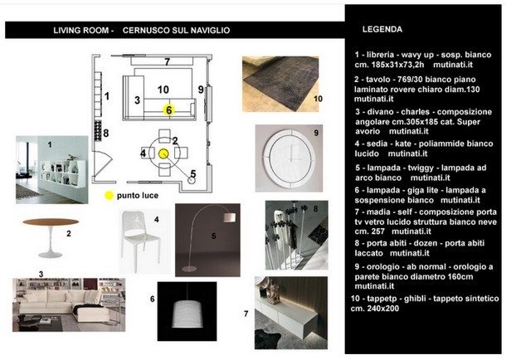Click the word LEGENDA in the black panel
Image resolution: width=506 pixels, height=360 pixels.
tap(382, 29)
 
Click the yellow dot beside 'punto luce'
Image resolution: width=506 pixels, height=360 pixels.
tap(107, 196)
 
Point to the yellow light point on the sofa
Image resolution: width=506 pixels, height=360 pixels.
tap(168, 109)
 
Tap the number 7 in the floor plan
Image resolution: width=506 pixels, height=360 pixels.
tap(166, 62)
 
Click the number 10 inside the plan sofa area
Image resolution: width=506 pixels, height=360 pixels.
tap(163, 89)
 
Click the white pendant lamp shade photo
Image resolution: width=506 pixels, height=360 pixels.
tap(187, 309)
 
